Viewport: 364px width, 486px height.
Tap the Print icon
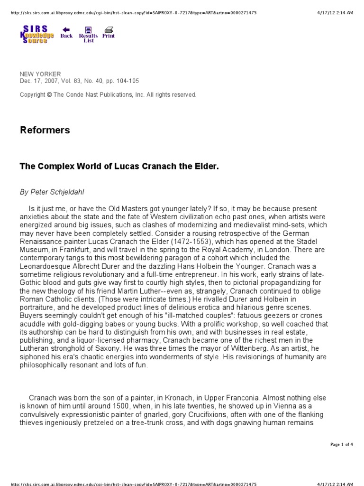[x=109, y=33]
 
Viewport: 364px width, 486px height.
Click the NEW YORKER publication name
[x=40, y=74]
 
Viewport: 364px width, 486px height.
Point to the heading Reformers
[x=45, y=130]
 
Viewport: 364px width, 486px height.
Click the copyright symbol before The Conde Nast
[x=49, y=95]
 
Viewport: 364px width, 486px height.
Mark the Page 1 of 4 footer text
[x=341, y=444]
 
